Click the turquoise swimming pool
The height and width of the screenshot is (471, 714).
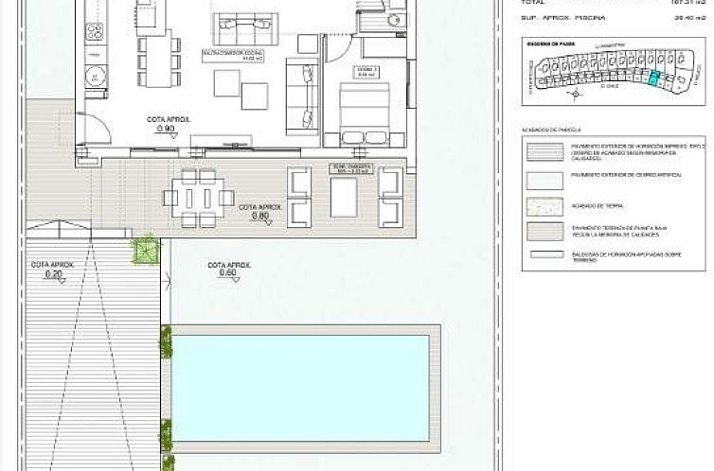303,388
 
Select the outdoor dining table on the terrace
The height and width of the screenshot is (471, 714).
199,198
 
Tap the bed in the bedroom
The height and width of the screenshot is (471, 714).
364,113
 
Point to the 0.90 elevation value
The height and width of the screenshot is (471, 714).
165,129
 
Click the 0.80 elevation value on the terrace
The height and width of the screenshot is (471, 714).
260,217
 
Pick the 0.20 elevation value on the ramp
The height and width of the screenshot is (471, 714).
52,274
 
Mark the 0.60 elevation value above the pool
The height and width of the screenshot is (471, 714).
227,273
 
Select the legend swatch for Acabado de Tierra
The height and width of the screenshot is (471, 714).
544,206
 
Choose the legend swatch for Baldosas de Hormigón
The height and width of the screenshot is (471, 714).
544,255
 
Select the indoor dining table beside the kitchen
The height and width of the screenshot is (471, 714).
156,57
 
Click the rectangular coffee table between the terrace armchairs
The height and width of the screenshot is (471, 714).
343,198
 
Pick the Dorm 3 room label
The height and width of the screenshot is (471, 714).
347,69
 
